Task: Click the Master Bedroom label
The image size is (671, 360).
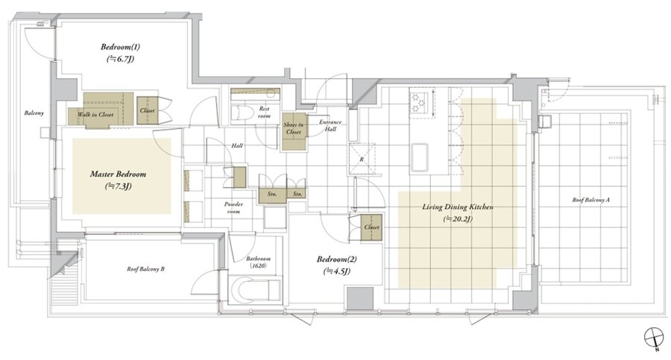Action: pyautogui.click(x=118, y=174)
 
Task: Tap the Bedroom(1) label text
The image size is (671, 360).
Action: pyautogui.click(x=120, y=47)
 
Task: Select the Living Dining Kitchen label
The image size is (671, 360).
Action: pyautogui.click(x=458, y=207)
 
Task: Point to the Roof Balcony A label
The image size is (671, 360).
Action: pyautogui.click(x=591, y=200)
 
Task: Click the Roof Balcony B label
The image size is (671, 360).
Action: pyautogui.click(x=145, y=269)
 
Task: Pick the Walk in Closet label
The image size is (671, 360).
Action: pyautogui.click(x=95, y=115)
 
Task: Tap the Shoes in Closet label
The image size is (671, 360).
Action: pyautogui.click(x=294, y=128)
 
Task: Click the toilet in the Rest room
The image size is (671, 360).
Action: pyautogui.click(x=238, y=113)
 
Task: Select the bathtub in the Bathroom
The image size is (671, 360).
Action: pyautogui.click(x=255, y=290)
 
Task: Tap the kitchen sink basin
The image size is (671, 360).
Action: pyautogui.click(x=419, y=157)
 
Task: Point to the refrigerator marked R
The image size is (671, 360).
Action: pyautogui.click(x=362, y=160)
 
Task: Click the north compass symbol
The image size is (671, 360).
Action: pyautogui.click(x=653, y=336)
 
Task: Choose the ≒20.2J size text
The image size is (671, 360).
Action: pyautogui.click(x=458, y=219)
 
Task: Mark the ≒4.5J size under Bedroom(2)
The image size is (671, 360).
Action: pyautogui.click(x=337, y=271)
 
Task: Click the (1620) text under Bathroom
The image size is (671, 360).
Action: pyautogui.click(x=258, y=266)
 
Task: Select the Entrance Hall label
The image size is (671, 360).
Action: pyautogui.click(x=330, y=125)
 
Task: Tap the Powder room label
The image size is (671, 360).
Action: pyautogui.click(x=233, y=208)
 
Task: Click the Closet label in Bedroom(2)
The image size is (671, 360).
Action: pyautogui.click(x=371, y=227)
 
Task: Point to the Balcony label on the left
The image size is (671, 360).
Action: pyautogui.click(x=34, y=113)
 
